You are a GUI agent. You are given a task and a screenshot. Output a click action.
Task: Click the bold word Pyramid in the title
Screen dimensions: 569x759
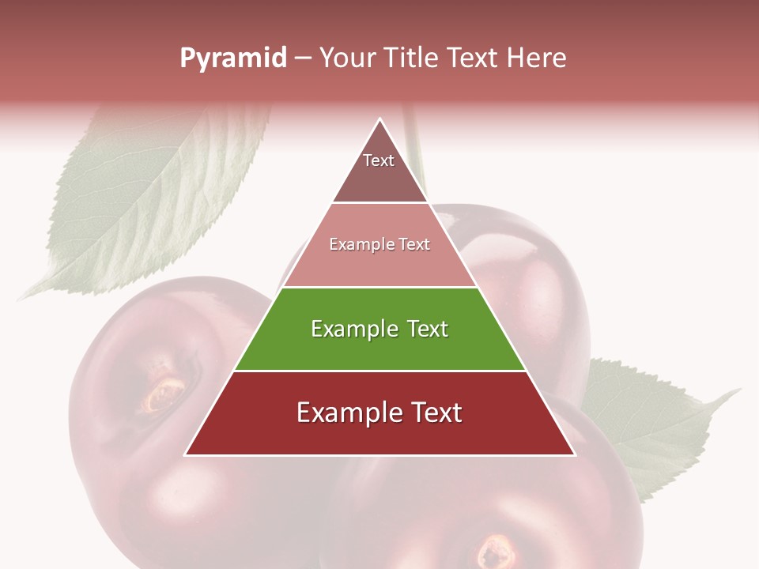pos(233,58)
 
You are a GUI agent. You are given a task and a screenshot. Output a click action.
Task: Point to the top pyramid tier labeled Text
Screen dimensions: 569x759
pos(379,170)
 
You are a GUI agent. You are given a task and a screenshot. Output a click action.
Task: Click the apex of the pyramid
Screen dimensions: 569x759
pos(380,119)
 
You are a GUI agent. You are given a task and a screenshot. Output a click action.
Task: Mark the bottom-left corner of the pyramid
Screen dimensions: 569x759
pos(186,454)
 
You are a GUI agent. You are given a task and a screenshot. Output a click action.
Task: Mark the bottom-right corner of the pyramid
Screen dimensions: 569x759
pos(574,454)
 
